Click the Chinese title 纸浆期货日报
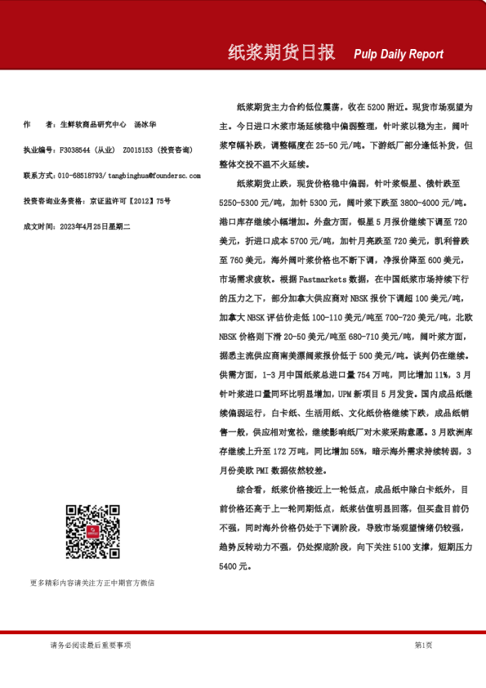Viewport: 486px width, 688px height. [281, 53]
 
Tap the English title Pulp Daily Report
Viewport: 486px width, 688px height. [399, 55]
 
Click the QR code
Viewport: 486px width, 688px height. [92, 532]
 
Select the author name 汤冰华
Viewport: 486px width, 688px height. [145, 124]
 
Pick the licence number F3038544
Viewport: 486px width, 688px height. [76, 150]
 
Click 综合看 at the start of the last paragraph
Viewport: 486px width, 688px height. [251, 490]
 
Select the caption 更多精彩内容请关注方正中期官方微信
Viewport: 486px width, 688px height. [92, 583]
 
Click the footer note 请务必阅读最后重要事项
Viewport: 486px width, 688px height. [90, 646]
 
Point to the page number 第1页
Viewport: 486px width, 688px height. [423, 646]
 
